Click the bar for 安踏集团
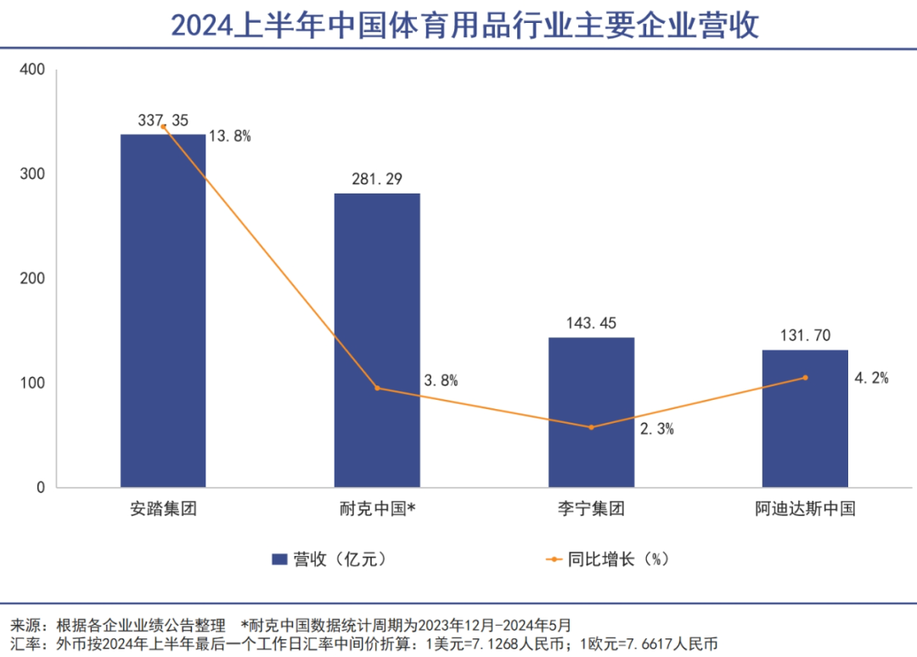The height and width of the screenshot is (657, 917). (163, 311)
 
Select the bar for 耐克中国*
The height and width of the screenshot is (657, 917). (377, 340)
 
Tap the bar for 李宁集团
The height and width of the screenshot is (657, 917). (591, 413)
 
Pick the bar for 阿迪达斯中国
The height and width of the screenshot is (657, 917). (805, 418)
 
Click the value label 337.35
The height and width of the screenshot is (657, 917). (163, 121)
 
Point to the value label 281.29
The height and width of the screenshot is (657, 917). (377, 179)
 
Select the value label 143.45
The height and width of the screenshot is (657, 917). (591, 323)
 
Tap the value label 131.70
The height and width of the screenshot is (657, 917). (805, 336)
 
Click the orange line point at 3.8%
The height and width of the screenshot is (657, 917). (377, 388)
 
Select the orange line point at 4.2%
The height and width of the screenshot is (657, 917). (805, 378)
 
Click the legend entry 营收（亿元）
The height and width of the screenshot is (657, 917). (331, 559)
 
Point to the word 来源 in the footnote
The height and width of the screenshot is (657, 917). (25, 625)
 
